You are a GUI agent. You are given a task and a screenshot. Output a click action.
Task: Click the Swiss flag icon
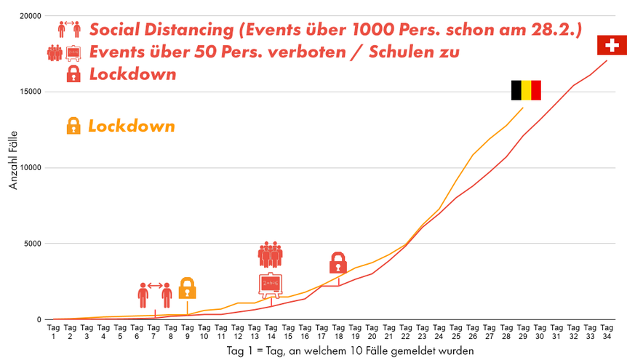612,45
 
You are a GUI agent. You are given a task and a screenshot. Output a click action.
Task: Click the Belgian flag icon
526,90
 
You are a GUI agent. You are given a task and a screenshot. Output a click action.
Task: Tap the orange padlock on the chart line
187,288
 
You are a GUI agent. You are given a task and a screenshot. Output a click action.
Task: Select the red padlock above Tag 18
338,263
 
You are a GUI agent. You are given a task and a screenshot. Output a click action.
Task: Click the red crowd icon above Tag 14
271,255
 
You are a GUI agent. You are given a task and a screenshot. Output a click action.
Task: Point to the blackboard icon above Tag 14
271,284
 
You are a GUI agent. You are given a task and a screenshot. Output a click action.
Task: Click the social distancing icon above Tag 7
155,294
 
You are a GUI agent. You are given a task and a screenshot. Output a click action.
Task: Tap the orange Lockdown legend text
131,126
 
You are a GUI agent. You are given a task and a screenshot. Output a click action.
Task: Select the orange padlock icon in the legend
73,126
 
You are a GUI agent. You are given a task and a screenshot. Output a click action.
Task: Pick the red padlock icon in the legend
73,74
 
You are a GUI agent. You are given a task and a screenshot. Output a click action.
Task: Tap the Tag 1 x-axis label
53,332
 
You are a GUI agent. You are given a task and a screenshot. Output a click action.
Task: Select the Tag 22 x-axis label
405,332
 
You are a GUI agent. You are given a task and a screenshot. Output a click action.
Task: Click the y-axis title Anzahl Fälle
14,167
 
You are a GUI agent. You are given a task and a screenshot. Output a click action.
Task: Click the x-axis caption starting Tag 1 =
350,351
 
